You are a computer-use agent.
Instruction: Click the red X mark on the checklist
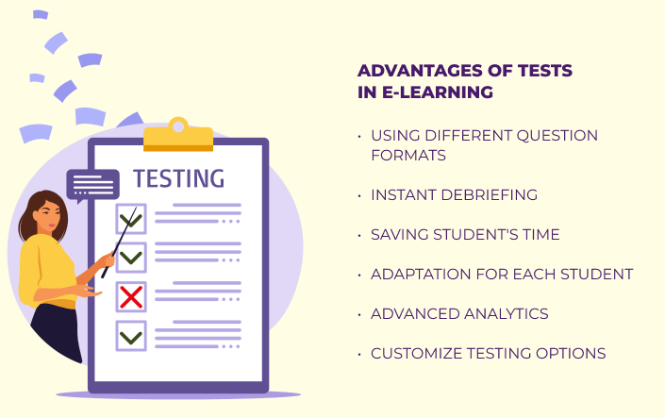click(131, 296)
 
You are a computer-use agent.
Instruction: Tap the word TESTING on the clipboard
click(178, 178)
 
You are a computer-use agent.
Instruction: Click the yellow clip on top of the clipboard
click(178, 135)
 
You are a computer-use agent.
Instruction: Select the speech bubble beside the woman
click(92, 186)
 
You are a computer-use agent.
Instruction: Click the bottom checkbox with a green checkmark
click(131, 336)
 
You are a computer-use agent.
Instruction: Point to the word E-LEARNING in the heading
click(438, 92)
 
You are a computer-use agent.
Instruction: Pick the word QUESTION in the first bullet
click(557, 135)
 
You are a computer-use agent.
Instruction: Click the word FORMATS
click(408, 156)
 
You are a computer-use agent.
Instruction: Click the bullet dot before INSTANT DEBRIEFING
click(359, 195)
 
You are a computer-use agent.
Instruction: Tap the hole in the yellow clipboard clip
click(178, 126)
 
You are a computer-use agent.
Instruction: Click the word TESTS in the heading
click(545, 71)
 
